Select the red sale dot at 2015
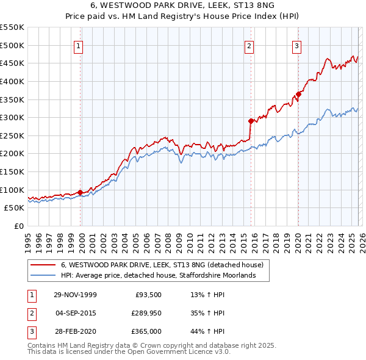pyautogui.click(x=250, y=121)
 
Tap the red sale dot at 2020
pyautogui.click(x=298, y=94)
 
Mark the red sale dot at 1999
pyautogui.click(x=81, y=192)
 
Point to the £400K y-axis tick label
pyautogui.click(x=12, y=81)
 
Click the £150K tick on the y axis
pyautogui.click(x=12, y=171)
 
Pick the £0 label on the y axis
pyautogui.click(x=18, y=226)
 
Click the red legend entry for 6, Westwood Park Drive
pyautogui.click(x=162, y=265)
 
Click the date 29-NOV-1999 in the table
pyautogui.click(x=75, y=294)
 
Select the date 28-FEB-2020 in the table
pyautogui.click(x=75, y=332)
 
